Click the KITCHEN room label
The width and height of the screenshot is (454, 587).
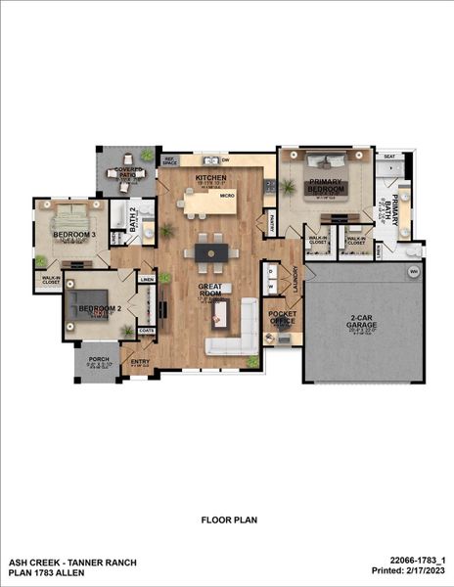click(210, 177)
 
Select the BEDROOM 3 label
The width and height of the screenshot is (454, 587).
click(73, 236)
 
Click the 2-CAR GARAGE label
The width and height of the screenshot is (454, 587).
click(363, 321)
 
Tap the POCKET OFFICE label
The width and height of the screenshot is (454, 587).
click(282, 316)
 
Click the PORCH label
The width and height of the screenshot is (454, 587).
click(99, 359)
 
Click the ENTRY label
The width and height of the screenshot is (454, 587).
click(141, 361)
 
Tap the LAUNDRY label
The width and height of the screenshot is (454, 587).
click(294, 280)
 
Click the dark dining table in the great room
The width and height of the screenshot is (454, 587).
click(210, 252)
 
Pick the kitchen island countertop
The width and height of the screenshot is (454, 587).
click(208, 199)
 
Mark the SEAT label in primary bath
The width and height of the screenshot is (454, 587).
click(388, 157)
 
